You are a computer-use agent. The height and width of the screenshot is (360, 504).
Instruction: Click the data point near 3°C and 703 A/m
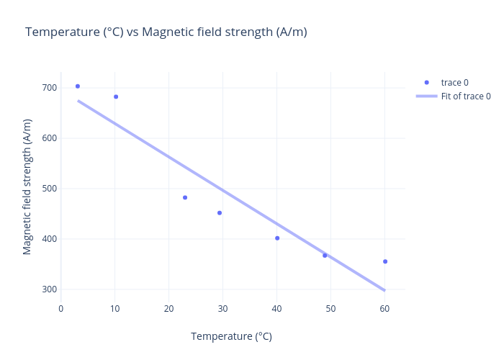pos(78,86)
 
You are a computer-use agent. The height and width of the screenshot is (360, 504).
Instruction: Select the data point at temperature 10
pos(116,96)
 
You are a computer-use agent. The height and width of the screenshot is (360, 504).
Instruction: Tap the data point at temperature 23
pos(185,197)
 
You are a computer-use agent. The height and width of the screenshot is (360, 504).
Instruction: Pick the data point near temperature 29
pos(220,213)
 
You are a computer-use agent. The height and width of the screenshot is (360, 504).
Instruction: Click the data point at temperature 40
pos(277,238)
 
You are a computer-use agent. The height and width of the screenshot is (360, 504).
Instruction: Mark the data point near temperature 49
pos(325,256)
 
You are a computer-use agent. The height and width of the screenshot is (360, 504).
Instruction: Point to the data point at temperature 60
pos(385,261)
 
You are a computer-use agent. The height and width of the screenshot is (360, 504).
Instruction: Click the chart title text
pos(166,32)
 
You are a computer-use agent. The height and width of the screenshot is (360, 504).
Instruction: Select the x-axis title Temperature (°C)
pos(231,336)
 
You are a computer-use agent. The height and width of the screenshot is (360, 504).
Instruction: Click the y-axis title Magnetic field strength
pos(27,186)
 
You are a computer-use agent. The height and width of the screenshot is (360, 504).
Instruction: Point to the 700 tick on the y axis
pos(49,88)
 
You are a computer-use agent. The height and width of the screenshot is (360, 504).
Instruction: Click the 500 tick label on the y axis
pos(49,189)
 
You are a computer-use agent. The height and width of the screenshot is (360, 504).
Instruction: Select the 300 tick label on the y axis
pos(49,289)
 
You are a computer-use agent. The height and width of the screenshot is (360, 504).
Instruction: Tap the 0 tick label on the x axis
pos(61,309)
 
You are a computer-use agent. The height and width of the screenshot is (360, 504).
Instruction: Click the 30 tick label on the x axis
pos(223,309)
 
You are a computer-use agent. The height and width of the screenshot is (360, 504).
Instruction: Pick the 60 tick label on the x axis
pos(385,309)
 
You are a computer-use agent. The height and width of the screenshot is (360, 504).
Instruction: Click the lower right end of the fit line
pos(384,290)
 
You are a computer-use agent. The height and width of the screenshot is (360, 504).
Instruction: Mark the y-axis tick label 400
pos(49,239)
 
